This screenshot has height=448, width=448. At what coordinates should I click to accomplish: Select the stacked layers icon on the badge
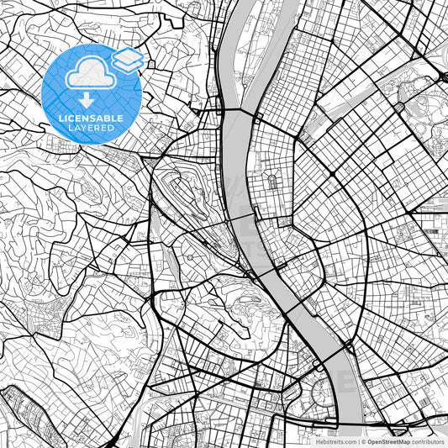(128, 61)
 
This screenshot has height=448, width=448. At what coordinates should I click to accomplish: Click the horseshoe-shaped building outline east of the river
(272, 182)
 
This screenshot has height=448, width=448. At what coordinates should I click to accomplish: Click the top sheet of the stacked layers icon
(128, 56)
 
